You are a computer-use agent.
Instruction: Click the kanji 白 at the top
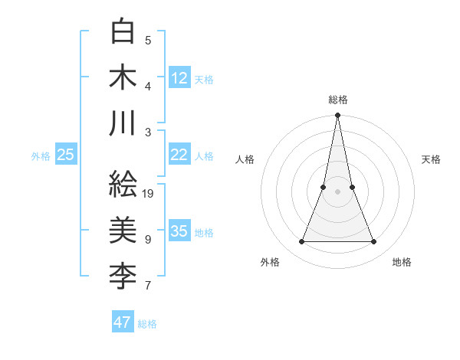pyautogui.click(x=123, y=32)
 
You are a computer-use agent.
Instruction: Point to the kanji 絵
pyautogui.click(x=123, y=184)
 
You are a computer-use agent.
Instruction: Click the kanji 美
pyautogui.click(x=123, y=229)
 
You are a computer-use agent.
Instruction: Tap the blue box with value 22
pyautogui.click(x=179, y=154)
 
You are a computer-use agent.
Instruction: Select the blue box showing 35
pyautogui.click(x=179, y=231)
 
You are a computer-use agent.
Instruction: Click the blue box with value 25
pyautogui.click(x=65, y=155)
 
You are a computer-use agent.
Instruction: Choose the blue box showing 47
pyautogui.click(x=123, y=322)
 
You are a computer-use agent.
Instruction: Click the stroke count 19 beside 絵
pyautogui.click(x=148, y=193)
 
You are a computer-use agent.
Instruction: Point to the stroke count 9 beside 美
pyautogui.click(x=148, y=239)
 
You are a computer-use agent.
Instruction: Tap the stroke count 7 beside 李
pyautogui.click(x=148, y=286)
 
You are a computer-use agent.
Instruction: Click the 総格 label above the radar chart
pyautogui.click(x=338, y=100)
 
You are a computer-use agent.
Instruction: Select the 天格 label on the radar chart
pyautogui.click(x=432, y=159)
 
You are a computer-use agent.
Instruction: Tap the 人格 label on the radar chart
pyautogui.click(x=245, y=159)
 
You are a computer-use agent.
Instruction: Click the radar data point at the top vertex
pyautogui.click(x=338, y=116)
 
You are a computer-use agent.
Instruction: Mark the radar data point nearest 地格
pyautogui.click(x=374, y=242)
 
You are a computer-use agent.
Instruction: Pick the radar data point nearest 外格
pyautogui.click(x=301, y=242)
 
